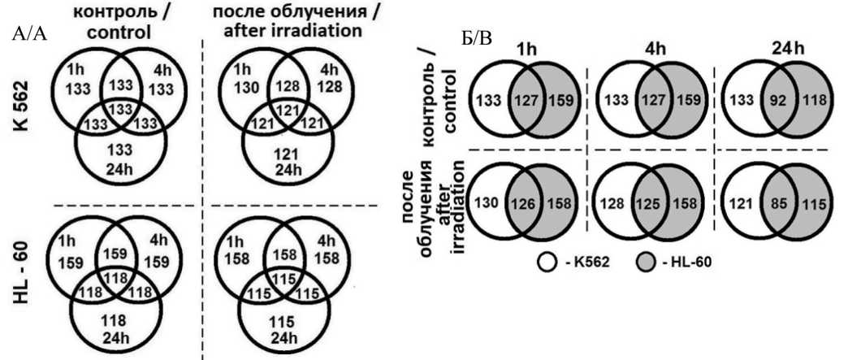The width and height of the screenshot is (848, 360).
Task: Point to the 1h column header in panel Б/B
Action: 526,46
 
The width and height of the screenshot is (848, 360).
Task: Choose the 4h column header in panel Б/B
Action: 651,46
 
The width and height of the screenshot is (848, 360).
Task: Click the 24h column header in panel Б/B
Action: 777,46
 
